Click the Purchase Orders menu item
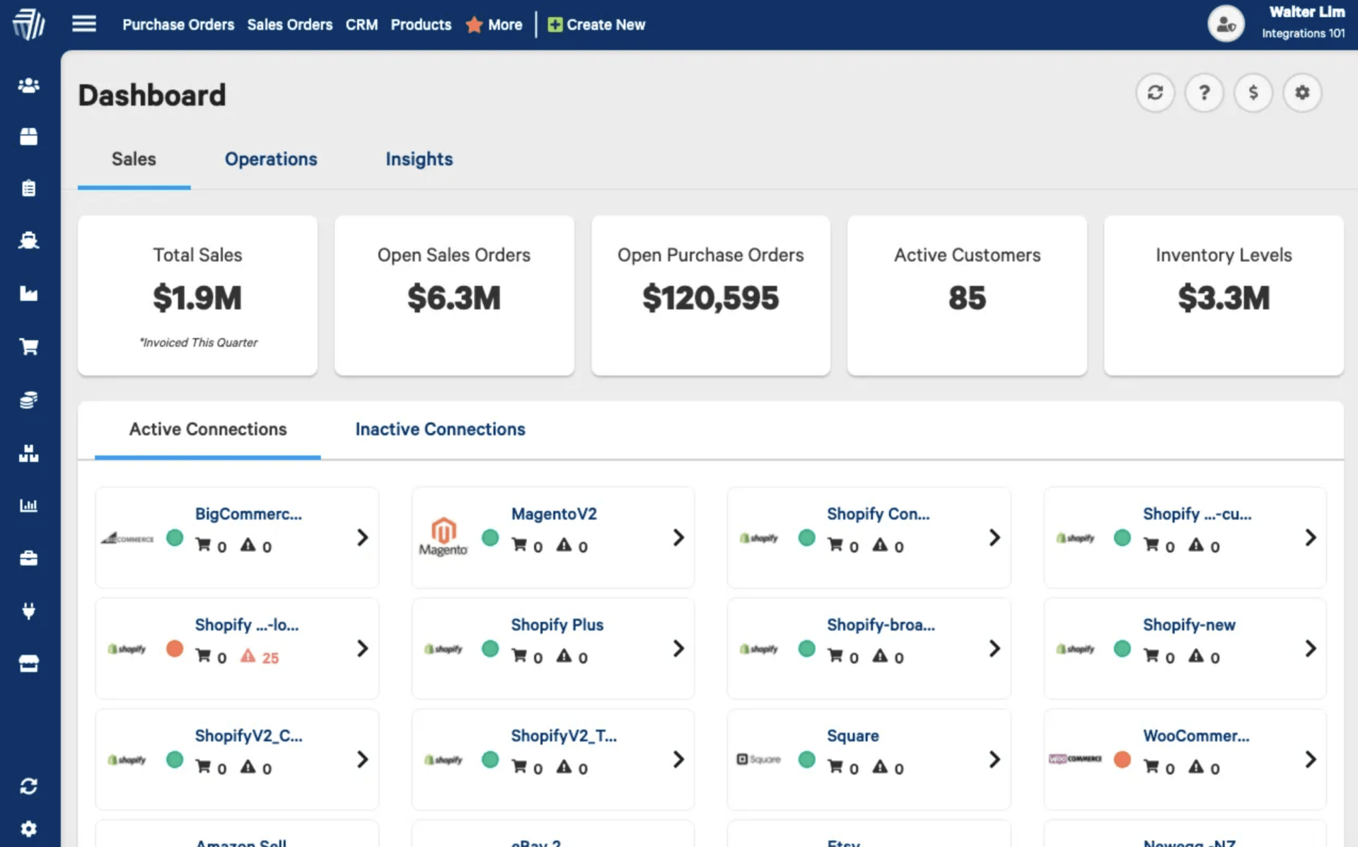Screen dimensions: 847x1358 178,25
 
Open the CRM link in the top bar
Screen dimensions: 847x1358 361,25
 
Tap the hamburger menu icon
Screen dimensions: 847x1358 84,23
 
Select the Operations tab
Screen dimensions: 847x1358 271,159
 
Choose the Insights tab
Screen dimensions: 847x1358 419,159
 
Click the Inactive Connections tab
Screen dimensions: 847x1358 440,429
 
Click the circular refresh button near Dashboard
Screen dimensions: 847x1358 1155,93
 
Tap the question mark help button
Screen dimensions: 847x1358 1204,93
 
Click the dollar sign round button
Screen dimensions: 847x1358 1253,93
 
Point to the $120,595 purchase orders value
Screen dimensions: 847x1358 710,298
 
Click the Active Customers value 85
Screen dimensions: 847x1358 967,298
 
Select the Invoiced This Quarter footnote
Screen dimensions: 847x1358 198,342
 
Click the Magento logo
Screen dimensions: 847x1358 443,536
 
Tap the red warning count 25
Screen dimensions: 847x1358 270,658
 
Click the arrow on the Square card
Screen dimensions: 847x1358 994,759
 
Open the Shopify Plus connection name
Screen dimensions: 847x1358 557,625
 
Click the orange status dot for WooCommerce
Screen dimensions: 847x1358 1122,759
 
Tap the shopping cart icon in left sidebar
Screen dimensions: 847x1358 28,347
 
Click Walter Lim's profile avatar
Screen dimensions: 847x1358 1226,25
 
